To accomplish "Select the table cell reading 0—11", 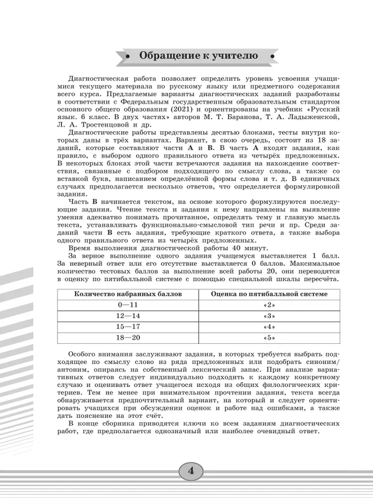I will click(x=128, y=305).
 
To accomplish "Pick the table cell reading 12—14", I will click(x=128, y=316).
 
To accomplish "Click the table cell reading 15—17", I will click(x=128, y=326).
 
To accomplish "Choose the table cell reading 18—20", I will click(x=128, y=337).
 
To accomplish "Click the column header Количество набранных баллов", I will click(x=128, y=294).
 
